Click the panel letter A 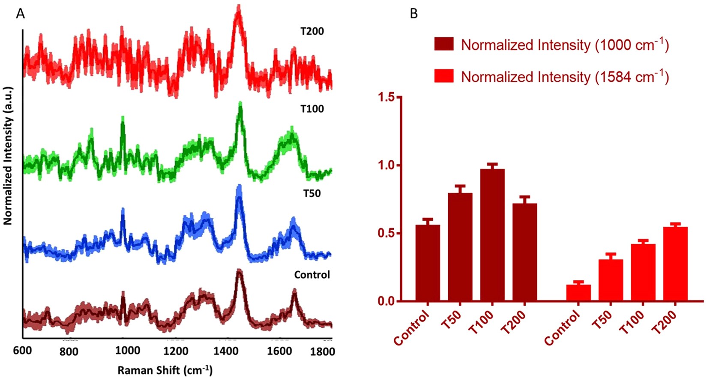point(20,14)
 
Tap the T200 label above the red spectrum point(312,31)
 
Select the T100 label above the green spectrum point(312,109)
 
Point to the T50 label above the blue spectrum point(312,193)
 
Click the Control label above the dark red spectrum point(312,275)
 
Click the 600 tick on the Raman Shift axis point(22,351)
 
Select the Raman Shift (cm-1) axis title point(165,369)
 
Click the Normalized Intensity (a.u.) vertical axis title point(8,155)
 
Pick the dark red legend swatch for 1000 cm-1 point(444,44)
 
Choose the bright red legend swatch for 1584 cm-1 point(444,76)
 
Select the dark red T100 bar point(492,236)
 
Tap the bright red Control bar point(578,293)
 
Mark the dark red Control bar point(428,264)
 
